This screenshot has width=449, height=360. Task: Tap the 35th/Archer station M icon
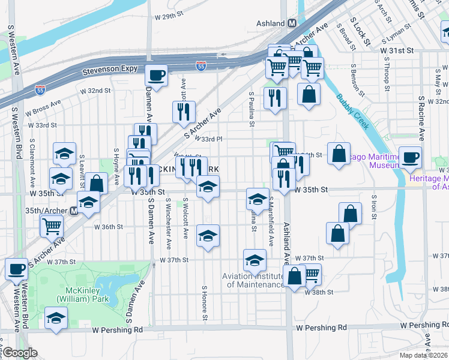(74, 211)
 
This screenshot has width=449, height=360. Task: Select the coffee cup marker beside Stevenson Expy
(156, 76)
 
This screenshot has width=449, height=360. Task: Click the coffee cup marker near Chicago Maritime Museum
(411, 158)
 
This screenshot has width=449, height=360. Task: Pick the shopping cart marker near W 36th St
(52, 226)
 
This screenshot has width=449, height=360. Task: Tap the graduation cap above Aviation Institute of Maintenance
(255, 260)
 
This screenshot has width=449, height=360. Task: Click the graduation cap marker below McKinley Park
(55, 318)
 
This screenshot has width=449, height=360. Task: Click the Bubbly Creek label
(353, 112)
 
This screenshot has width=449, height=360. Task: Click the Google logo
(20, 353)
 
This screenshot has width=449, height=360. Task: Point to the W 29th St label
(168, 17)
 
